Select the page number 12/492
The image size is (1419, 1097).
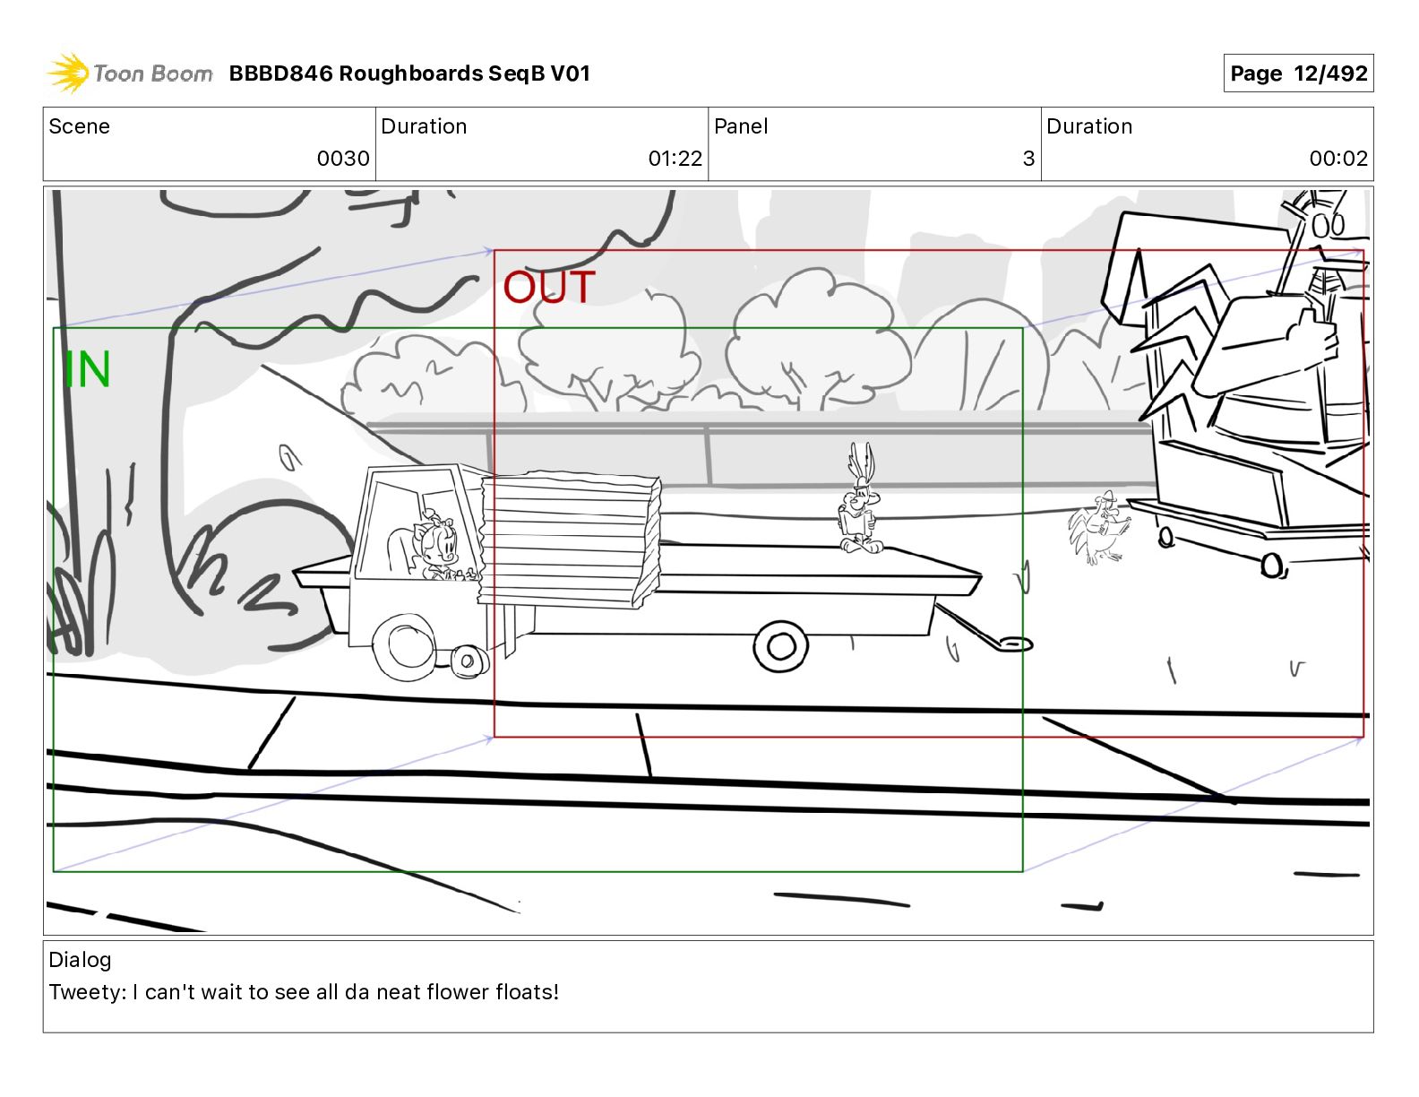pos(1330,73)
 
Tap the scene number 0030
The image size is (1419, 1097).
pos(343,158)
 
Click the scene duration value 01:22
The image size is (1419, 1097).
pos(675,158)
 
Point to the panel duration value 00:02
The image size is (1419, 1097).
pos(1338,158)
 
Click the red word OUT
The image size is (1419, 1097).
pos(548,287)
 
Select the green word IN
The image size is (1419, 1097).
pos(87,370)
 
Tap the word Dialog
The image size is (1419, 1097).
pos(80,960)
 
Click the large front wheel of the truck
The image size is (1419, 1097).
pos(406,645)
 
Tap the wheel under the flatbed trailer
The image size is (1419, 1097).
pos(780,646)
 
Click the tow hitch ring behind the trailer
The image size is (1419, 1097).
pos(1014,645)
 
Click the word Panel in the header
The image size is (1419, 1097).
pos(741,126)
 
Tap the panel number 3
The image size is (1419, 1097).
pos(1028,158)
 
